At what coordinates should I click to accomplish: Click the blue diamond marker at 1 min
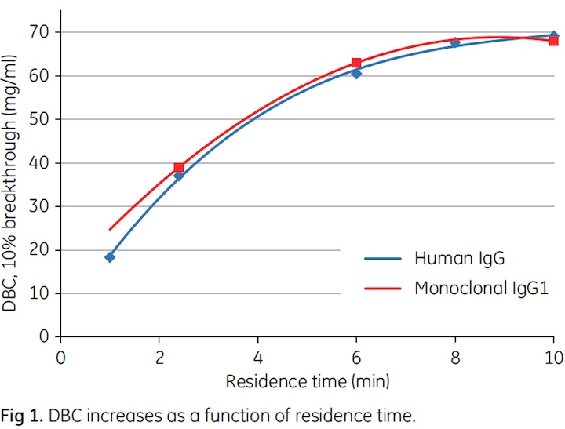click(110, 256)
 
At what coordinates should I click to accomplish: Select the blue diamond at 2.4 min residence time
click(179, 176)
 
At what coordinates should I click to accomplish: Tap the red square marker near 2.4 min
click(179, 167)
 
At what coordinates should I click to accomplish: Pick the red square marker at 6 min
click(356, 63)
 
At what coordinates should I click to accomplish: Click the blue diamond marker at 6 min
click(356, 74)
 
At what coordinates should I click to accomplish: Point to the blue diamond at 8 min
click(455, 43)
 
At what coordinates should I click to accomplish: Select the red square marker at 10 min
click(553, 41)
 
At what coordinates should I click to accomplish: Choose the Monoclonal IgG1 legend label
click(481, 288)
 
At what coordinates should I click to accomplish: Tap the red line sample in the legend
click(385, 288)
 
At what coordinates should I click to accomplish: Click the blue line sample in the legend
click(385, 258)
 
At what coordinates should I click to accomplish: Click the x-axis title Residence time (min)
click(307, 381)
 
